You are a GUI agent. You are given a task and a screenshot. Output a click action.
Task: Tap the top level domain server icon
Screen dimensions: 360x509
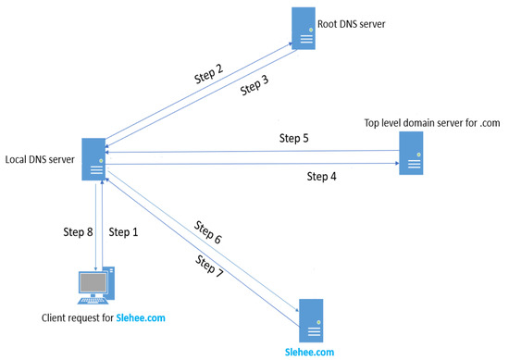click(411, 153)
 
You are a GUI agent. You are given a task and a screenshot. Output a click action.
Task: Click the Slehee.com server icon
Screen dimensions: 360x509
click(310, 319)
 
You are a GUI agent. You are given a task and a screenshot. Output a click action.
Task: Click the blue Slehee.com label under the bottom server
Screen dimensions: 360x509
click(310, 351)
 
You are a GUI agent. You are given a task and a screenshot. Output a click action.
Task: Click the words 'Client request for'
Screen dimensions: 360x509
click(78, 318)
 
